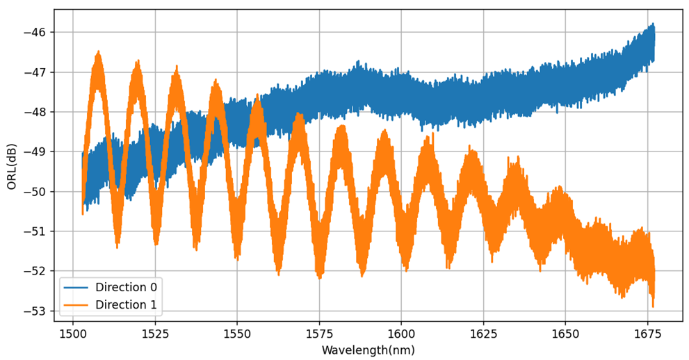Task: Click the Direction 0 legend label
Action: pyautogui.click(x=126, y=288)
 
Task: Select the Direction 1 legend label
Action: pyautogui.click(x=126, y=304)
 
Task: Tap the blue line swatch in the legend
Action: pyautogui.click(x=75, y=288)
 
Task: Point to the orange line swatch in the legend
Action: pyautogui.click(x=75, y=304)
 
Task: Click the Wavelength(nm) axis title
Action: pyautogui.click(x=368, y=350)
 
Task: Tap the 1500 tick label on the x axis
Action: pyautogui.click(x=73, y=334)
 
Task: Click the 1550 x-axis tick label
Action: pyautogui.click(x=237, y=334)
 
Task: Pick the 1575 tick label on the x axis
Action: pyautogui.click(x=319, y=334)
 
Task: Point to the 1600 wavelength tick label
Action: pyautogui.click(x=401, y=334)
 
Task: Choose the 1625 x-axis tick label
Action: pyautogui.click(x=483, y=334)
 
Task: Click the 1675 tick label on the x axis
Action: pyautogui.click(x=647, y=334)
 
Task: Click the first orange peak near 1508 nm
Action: pyautogui.click(x=99, y=53)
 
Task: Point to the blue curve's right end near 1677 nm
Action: pyautogui.click(x=654, y=42)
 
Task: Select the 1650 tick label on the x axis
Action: pyautogui.click(x=565, y=334)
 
